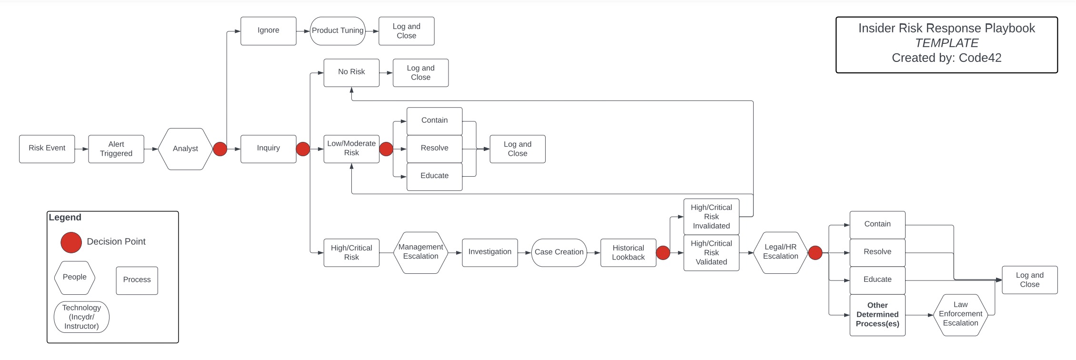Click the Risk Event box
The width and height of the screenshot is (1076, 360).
[x=47, y=149]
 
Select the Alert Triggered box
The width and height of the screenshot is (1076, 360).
[x=116, y=149]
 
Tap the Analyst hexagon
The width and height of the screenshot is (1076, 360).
[x=185, y=149]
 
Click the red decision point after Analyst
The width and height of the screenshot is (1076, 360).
[x=220, y=149]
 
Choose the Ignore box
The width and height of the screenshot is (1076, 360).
[x=268, y=30]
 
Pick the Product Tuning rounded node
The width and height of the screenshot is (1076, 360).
[x=338, y=31]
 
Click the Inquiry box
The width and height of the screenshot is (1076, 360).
[x=268, y=149]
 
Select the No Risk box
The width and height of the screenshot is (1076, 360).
[x=351, y=72]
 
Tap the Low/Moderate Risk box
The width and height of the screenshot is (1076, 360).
[x=351, y=149]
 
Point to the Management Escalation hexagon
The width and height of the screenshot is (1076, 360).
[x=420, y=252]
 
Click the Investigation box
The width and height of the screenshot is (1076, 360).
[x=489, y=252]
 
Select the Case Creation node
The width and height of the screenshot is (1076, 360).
[x=559, y=252]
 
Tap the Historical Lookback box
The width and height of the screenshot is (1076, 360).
[x=628, y=252]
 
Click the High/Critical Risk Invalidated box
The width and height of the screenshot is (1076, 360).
[x=711, y=217]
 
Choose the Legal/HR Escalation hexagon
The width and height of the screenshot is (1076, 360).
[x=780, y=252]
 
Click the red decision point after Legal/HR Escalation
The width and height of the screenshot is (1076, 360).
[x=815, y=253]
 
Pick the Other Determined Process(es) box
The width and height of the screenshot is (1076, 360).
[x=877, y=315]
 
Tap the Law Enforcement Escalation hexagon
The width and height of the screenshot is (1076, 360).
[x=960, y=314]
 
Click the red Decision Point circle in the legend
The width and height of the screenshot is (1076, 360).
[x=71, y=242]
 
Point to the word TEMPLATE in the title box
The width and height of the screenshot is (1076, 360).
[x=946, y=43]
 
